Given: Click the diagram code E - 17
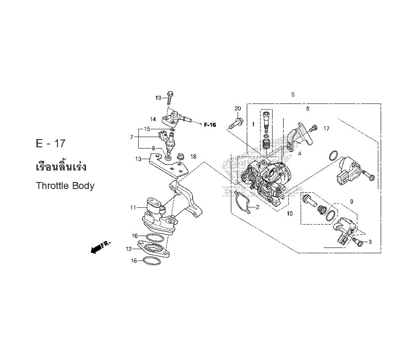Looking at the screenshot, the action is tap(51, 144).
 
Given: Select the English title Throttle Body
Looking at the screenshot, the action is tap(65, 186).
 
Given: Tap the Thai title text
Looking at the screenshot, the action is tap(61, 166).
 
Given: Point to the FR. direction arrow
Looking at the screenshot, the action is tap(101, 247).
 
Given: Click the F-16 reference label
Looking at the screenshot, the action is tap(210, 125).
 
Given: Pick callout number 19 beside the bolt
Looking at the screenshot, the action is tap(158, 98).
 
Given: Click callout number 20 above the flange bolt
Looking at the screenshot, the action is tap(238, 108).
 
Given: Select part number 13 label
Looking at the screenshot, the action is tap(138, 159).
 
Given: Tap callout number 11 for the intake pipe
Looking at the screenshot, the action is tap(133, 208).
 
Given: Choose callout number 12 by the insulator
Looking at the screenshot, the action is tap(129, 249).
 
